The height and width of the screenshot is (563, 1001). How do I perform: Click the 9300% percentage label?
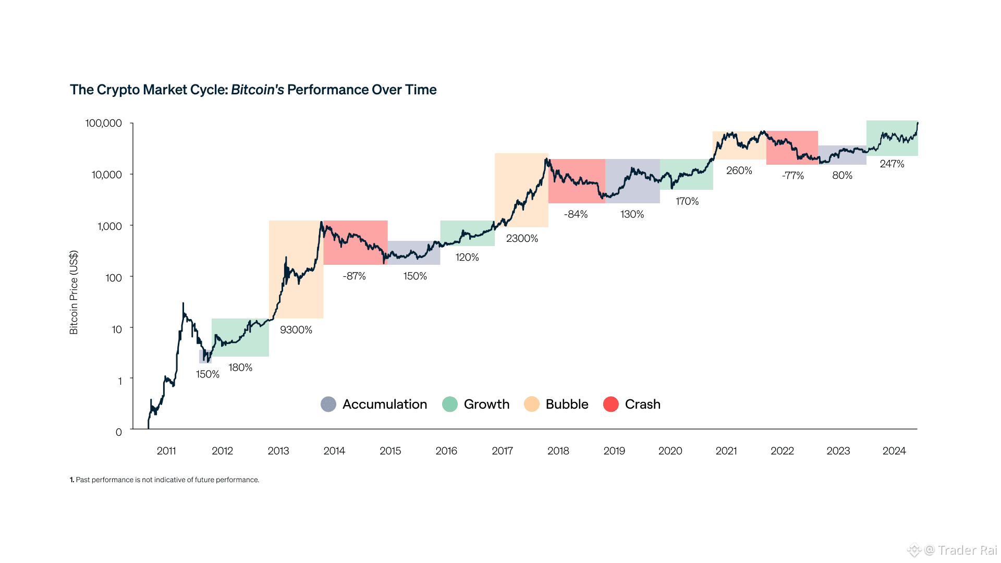pyautogui.click(x=296, y=330)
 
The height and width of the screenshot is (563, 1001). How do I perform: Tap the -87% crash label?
pyautogui.click(x=355, y=276)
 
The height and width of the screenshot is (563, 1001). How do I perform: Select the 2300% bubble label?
pyautogui.click(x=522, y=239)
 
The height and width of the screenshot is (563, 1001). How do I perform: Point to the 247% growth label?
pyautogui.click(x=892, y=164)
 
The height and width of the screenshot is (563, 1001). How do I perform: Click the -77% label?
pyautogui.click(x=793, y=176)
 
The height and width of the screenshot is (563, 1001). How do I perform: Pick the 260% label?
pyautogui.click(x=739, y=171)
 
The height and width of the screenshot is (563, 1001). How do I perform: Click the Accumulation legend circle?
pyautogui.click(x=328, y=405)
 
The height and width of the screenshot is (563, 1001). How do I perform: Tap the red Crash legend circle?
pyautogui.click(x=611, y=405)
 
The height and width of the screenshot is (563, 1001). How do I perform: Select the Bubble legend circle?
pyautogui.click(x=532, y=405)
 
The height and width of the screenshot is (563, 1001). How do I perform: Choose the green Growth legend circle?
pyautogui.click(x=450, y=405)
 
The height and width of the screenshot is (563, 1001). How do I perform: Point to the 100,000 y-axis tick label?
pyautogui.click(x=104, y=124)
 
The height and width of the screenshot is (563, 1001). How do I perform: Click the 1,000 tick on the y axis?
pyautogui.click(x=109, y=226)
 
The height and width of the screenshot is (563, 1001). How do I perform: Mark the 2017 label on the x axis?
pyautogui.click(x=503, y=451)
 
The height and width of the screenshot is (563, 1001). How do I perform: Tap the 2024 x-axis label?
pyautogui.click(x=894, y=451)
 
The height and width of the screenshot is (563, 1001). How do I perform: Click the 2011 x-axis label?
pyautogui.click(x=166, y=451)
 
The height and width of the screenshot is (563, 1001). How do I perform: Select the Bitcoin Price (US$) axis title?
pyautogui.click(x=74, y=292)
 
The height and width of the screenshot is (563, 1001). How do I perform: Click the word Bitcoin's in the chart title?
pyautogui.click(x=258, y=90)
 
